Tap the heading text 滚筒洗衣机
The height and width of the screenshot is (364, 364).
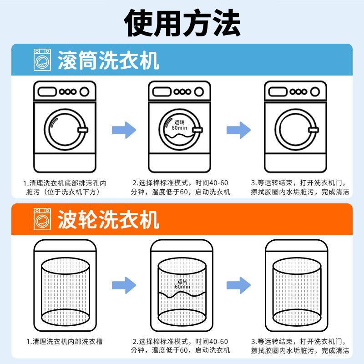pyautogui.click(x=108, y=61)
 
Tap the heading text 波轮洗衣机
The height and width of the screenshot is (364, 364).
pyautogui.click(x=108, y=220)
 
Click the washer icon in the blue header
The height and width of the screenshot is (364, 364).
pyautogui.click(x=42, y=61)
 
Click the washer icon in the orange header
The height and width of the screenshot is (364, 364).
pyautogui.click(x=42, y=220)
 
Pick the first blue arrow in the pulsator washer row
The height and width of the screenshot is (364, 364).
pyautogui.click(x=124, y=285)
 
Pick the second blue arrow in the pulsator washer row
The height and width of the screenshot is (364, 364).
pyautogui.click(x=238, y=285)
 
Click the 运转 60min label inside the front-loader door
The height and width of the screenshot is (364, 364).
pyautogui.click(x=180, y=126)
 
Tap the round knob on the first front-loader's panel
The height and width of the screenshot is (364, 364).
pyautogui.click(x=84, y=91)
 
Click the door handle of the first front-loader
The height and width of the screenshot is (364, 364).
pyautogui.click(x=82, y=131)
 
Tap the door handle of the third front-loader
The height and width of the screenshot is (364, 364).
pyautogui.click(x=312, y=131)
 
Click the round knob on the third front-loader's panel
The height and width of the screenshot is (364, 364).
pyautogui.click(x=314, y=91)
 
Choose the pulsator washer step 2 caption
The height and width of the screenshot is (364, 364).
pyautogui.click(x=181, y=346)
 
